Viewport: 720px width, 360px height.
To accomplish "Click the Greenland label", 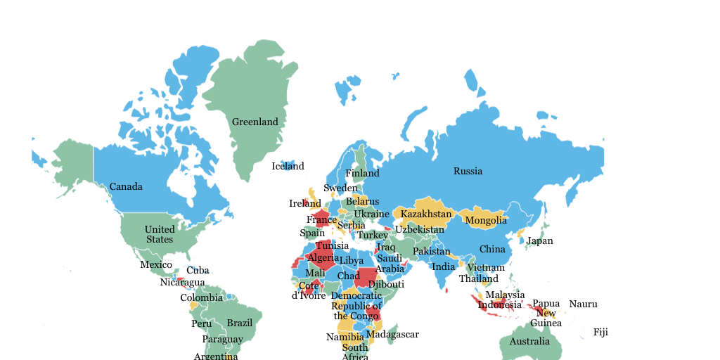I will [255, 122].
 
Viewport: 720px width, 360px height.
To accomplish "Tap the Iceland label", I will [288, 166].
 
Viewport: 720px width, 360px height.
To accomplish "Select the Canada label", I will [126, 186].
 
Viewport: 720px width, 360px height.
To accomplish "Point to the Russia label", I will [468, 171].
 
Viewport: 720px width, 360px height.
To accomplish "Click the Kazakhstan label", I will [426, 214].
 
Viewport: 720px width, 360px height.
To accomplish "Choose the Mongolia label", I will [486, 220].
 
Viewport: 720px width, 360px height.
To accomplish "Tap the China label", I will [492, 249].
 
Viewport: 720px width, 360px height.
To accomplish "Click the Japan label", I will [539, 240].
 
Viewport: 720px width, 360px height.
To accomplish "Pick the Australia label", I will [529, 341].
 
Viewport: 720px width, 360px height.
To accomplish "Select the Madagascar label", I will [392, 334].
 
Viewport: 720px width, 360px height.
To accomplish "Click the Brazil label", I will [240, 323].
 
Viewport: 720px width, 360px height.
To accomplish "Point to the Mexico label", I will [156, 264].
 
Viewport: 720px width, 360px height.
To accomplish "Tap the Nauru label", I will [583, 304].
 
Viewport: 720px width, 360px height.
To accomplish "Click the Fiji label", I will [600, 332].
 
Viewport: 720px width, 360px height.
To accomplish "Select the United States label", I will [160, 234].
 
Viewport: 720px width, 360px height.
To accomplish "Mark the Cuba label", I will [198, 270].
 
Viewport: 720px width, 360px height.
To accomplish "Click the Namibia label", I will [345, 337].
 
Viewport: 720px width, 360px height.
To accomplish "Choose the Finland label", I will [362, 173].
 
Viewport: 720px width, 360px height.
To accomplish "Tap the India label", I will [444, 266].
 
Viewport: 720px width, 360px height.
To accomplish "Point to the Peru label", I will [201, 323].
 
